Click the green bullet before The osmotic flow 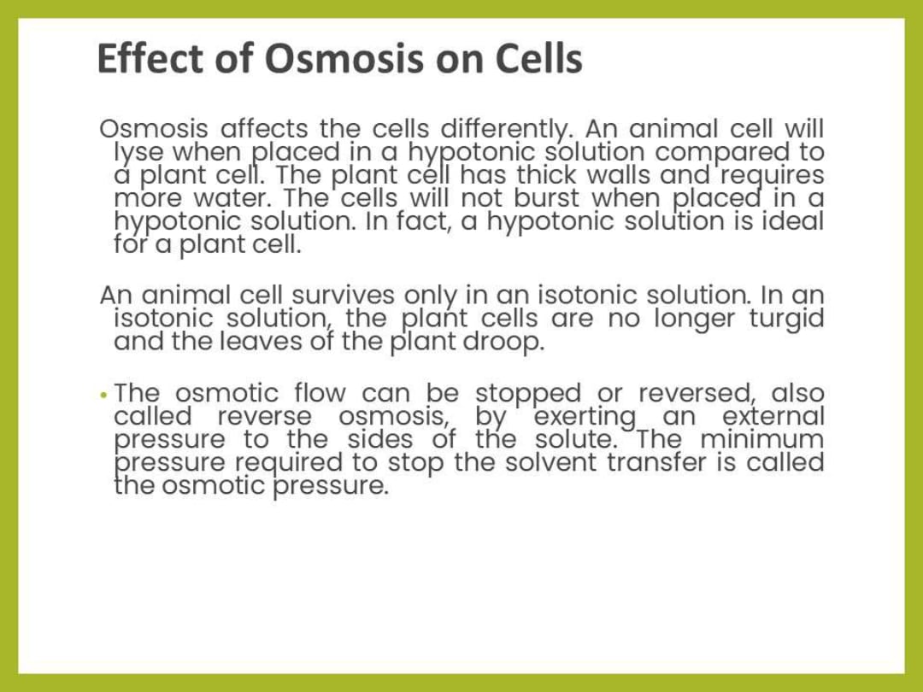coord(103,396)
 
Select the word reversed coord(697,394)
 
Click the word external coord(773,417)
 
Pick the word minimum coord(761,440)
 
